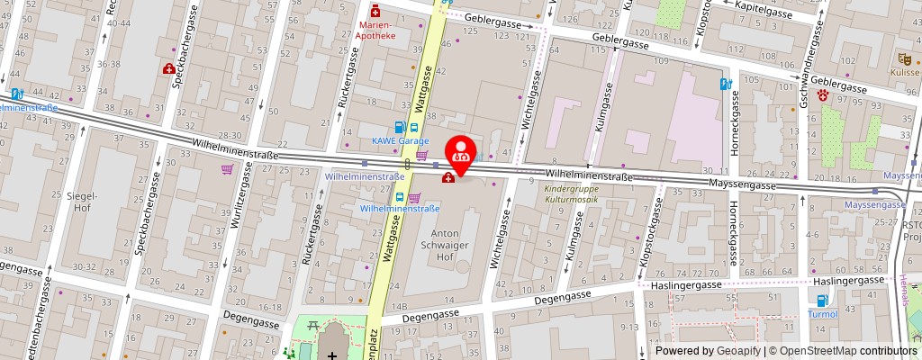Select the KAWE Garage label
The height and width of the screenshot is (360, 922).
399,142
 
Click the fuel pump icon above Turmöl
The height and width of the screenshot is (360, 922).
820,301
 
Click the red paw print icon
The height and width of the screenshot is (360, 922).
822,94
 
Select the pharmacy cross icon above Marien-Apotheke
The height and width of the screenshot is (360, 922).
375,12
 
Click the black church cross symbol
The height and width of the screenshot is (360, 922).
334,355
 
